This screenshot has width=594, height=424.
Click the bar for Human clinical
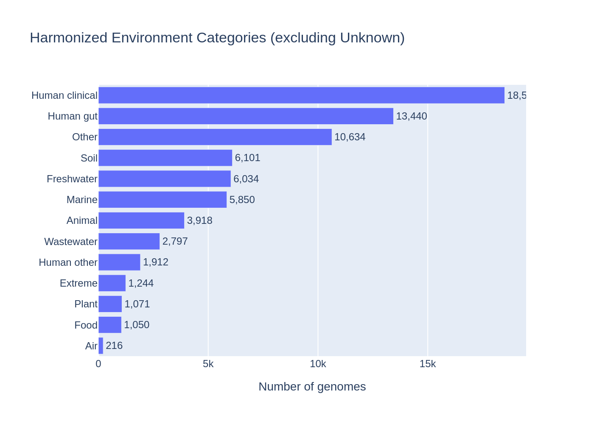(301, 95)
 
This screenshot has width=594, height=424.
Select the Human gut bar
(246, 116)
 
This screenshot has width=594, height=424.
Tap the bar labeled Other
(215, 137)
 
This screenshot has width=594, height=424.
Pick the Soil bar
(165, 158)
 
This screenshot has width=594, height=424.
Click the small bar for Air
(101, 346)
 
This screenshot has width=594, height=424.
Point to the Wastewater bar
(129, 241)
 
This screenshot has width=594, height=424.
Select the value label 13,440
(411, 116)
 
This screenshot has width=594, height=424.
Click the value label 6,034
(246, 179)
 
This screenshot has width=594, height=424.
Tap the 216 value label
(114, 346)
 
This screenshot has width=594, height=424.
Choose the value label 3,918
(199, 220)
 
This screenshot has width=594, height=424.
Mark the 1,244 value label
(141, 283)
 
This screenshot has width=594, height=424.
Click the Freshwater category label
(72, 179)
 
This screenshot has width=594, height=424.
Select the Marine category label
(82, 200)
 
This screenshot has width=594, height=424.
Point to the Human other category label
(68, 262)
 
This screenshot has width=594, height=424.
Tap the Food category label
(86, 325)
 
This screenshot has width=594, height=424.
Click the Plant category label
(86, 304)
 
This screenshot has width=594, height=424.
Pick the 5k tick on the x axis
(208, 364)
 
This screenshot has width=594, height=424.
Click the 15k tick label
(427, 364)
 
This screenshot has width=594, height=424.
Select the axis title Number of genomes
(312, 387)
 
